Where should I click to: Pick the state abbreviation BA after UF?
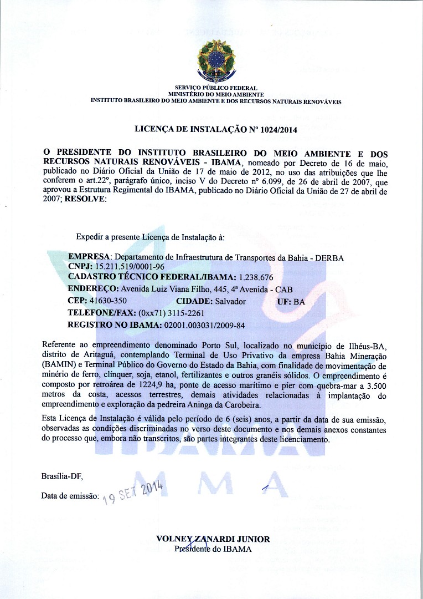coord(300,301)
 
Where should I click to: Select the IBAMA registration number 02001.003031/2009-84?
coord(205,324)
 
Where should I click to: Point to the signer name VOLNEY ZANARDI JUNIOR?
coord(213,539)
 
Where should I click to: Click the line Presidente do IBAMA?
coord(213,549)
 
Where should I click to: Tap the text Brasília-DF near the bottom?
coord(62,476)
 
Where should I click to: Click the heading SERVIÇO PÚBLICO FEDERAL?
coord(216,88)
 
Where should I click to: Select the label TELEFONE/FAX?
coord(101,313)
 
